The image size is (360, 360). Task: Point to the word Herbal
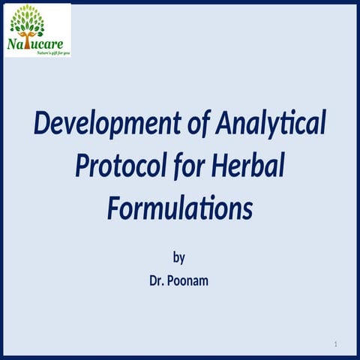point(247,165)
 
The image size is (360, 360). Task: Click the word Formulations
point(179,206)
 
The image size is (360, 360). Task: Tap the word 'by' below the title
point(179,258)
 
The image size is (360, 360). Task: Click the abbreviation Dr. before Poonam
point(159,283)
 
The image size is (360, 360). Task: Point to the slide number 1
point(337,343)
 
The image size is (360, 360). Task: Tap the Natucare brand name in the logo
point(37,43)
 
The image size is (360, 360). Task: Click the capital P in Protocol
point(84,165)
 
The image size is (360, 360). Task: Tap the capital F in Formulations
point(115,206)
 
